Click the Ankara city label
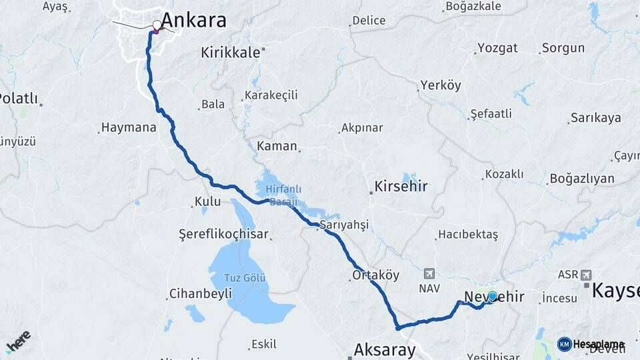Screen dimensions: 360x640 193,20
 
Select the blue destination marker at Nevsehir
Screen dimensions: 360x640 492,296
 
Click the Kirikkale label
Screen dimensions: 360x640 230,53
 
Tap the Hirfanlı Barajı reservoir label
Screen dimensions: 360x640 284,194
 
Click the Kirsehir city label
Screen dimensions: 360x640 401,186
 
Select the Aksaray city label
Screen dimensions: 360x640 385,349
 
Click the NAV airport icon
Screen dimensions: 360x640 428,273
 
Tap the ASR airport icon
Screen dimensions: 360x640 586,275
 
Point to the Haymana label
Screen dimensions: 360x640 128,127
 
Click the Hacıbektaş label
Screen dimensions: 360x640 467,235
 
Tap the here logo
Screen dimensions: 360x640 18,340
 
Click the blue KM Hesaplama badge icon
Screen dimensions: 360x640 564,344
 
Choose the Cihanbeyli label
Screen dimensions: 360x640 200,293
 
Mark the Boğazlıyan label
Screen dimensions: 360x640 581,179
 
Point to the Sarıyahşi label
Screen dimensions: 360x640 344,225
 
